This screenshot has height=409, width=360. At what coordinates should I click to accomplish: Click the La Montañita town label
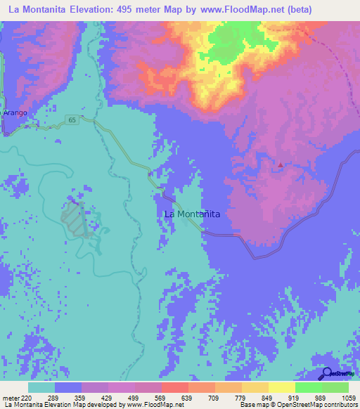click(192, 213)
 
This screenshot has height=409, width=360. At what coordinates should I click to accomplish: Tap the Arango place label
click(15, 112)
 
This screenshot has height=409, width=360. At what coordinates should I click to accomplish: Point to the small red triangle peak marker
click(281, 165)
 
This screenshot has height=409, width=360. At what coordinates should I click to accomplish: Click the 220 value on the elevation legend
click(27, 398)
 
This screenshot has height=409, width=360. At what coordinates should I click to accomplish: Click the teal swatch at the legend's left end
click(41, 387)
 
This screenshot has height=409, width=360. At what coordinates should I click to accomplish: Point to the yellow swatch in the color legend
click(281, 387)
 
